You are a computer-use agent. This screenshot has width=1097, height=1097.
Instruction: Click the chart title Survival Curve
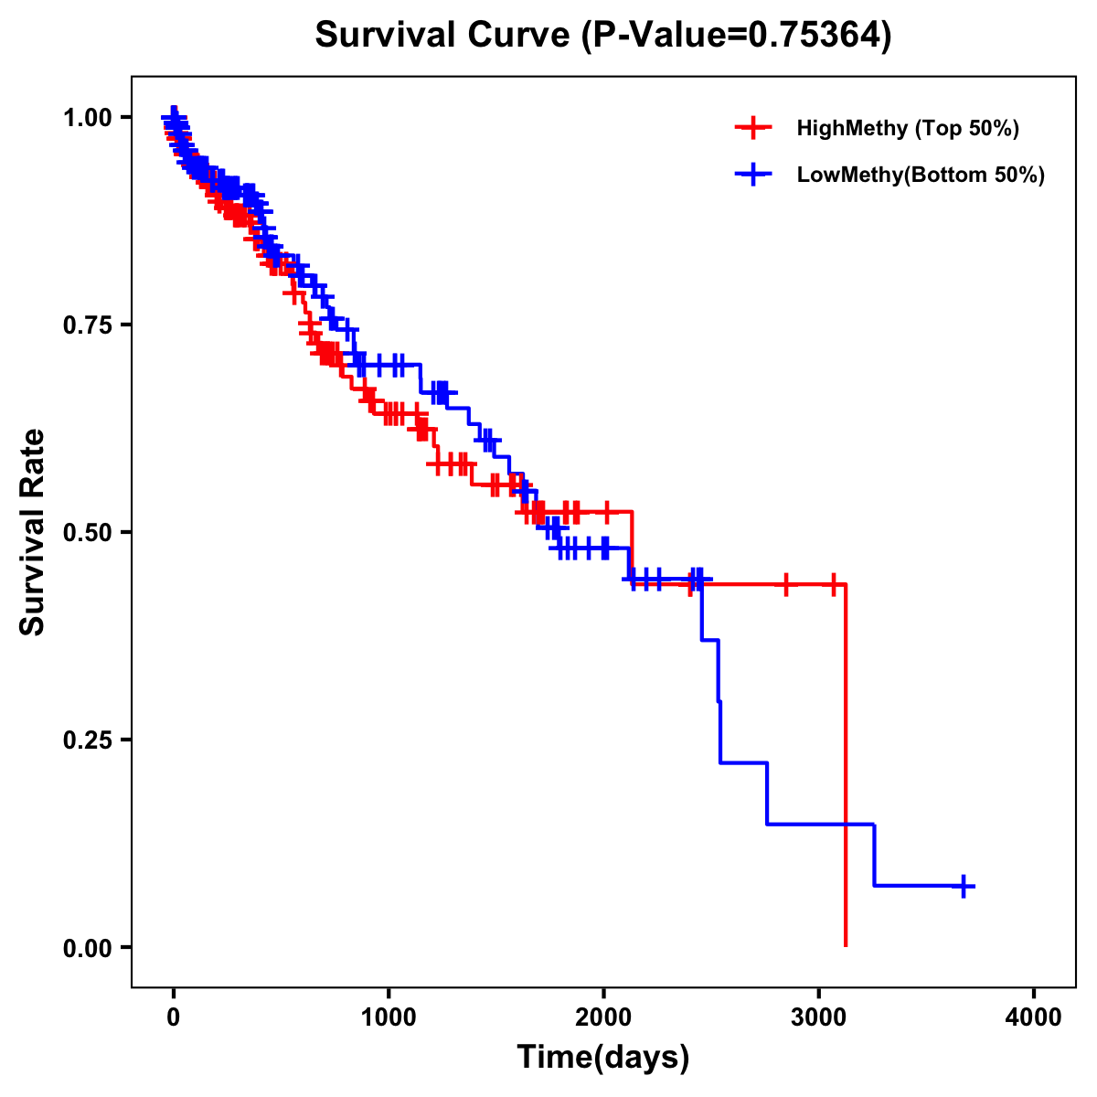click(602, 36)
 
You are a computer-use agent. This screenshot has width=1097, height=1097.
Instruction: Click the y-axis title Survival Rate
click(33, 532)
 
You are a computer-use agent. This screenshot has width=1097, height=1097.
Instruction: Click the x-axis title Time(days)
click(603, 1057)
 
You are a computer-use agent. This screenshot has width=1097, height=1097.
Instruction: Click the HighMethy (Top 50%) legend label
click(908, 129)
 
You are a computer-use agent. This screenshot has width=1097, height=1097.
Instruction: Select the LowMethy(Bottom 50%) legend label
click(921, 176)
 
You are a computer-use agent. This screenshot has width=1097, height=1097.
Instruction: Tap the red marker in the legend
click(753, 128)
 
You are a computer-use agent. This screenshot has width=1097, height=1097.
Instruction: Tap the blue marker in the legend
click(753, 175)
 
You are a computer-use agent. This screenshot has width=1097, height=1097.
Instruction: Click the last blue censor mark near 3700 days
click(964, 886)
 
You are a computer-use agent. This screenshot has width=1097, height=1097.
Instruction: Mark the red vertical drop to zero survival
click(846, 768)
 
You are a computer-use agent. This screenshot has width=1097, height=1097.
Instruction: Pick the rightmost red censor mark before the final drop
click(833, 584)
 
